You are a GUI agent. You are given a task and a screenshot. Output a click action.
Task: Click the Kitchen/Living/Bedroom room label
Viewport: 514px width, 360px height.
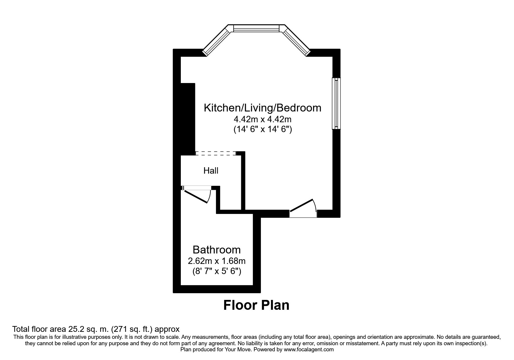pyautogui.click(x=262, y=108)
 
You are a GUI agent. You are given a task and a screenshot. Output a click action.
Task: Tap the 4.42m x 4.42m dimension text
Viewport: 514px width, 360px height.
pyautogui.click(x=262, y=119)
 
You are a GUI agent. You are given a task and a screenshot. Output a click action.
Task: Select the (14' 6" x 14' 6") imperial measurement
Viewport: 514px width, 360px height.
pyautogui.click(x=262, y=129)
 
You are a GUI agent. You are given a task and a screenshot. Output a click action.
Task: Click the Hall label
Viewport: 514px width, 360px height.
pyautogui.click(x=211, y=171)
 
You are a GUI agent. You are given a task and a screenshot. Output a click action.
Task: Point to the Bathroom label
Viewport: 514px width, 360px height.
pyautogui.click(x=217, y=250)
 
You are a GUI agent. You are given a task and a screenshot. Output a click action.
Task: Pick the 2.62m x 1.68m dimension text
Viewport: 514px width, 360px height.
pyautogui.click(x=217, y=261)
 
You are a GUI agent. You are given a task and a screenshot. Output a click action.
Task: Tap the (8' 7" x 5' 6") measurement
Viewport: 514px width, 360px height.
pyautogui.click(x=217, y=271)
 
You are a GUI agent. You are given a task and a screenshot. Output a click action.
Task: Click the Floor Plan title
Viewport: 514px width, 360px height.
pyautogui.click(x=256, y=305)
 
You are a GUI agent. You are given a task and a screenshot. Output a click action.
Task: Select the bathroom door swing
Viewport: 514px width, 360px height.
pyautogui.click(x=197, y=195)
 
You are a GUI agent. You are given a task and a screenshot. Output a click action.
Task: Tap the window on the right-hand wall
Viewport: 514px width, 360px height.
pyautogui.click(x=336, y=103)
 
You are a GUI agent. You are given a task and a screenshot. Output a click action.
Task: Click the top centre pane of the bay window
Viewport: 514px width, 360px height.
pyautogui.click(x=256, y=28)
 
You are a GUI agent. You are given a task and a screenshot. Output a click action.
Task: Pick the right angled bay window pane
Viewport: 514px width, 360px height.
pyautogui.click(x=296, y=40)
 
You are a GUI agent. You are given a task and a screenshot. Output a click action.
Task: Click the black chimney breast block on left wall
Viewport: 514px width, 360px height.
pyautogui.click(x=187, y=119)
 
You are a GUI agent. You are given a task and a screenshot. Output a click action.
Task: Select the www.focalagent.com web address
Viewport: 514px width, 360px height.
pyautogui.click(x=309, y=350)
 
